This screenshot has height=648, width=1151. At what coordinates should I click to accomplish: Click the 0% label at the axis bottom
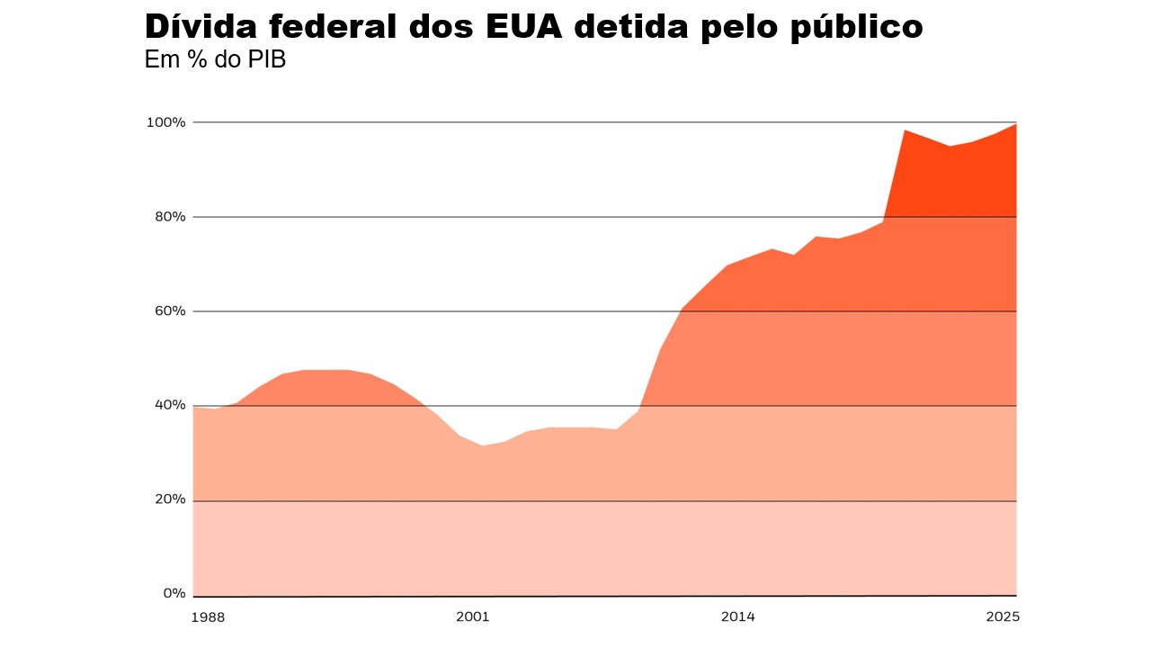174,593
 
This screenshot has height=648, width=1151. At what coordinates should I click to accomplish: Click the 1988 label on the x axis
208,617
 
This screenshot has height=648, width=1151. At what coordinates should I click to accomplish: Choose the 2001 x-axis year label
472,617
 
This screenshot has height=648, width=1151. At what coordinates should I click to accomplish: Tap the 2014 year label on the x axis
737,617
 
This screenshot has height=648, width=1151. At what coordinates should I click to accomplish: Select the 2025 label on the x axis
1002,617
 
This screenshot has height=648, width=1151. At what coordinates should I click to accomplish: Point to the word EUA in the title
524,27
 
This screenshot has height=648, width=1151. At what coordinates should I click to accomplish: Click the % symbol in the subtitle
192,61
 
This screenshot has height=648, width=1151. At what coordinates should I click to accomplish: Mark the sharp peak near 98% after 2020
905,130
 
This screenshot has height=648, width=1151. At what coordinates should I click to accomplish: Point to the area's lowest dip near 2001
483,445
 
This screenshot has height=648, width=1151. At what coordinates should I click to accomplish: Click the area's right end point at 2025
1016,124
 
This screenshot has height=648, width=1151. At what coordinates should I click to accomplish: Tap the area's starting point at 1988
194,408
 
